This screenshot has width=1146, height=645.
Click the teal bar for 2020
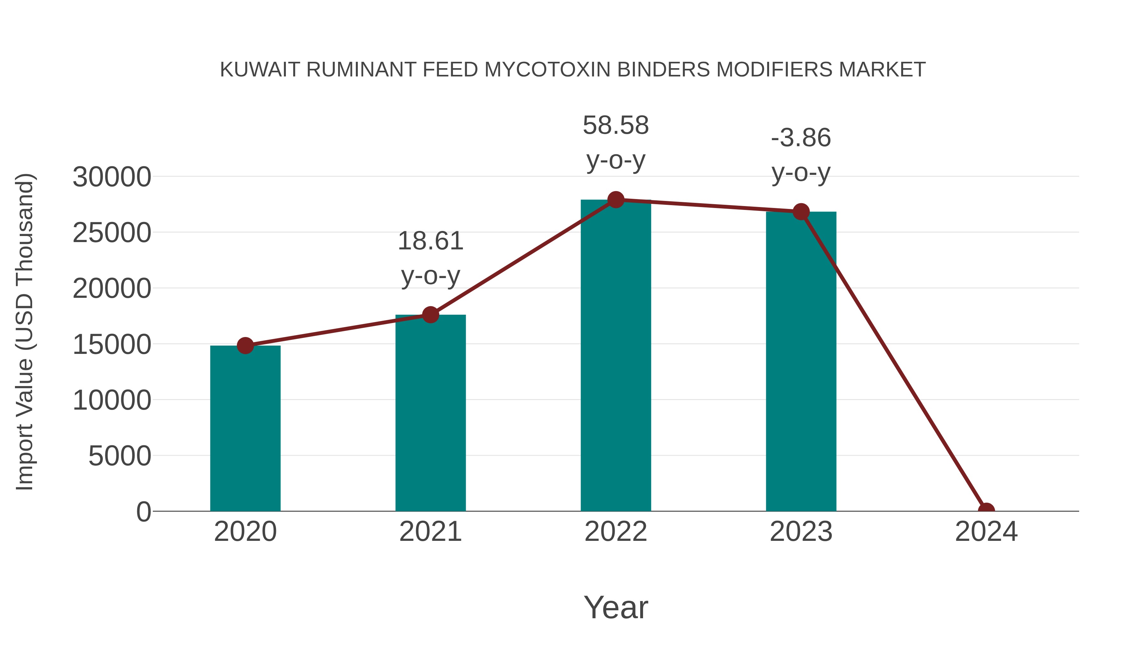tap(245, 428)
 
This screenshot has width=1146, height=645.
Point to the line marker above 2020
tap(245, 345)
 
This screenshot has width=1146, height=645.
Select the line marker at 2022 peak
tap(615, 200)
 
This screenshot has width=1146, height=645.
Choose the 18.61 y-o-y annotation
tap(430, 258)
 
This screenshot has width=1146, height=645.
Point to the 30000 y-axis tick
tap(112, 177)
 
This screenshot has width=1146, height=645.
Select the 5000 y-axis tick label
tap(120, 456)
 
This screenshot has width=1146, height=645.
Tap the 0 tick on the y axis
tap(144, 512)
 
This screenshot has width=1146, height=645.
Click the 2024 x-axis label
tap(986, 532)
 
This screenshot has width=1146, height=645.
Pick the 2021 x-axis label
tap(430, 532)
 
